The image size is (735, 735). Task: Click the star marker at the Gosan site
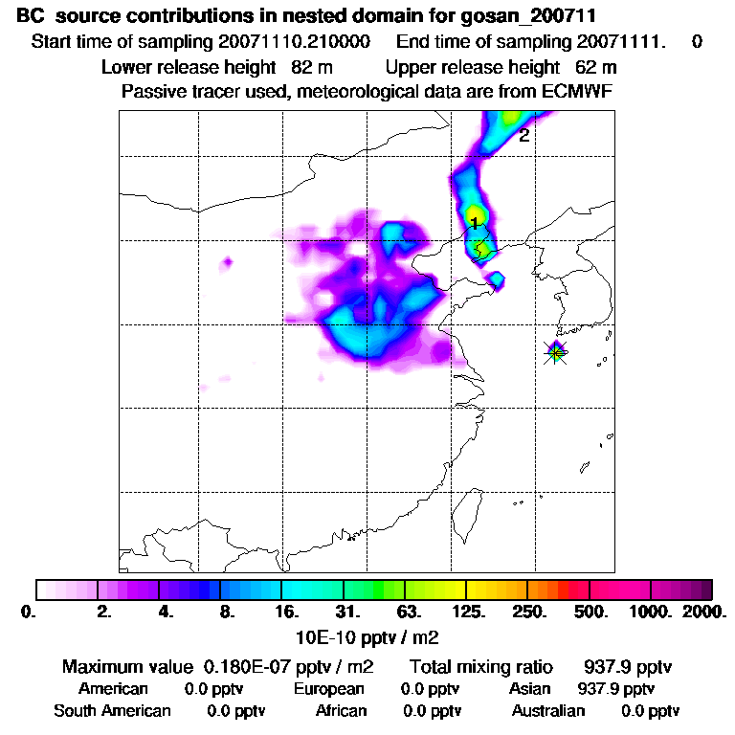pyautogui.click(x=556, y=352)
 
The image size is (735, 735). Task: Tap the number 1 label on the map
pyautogui.click(x=474, y=223)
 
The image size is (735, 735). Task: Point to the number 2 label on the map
pyautogui.click(x=523, y=136)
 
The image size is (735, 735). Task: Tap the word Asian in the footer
pyautogui.click(x=531, y=688)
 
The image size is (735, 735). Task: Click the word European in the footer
pyautogui.click(x=328, y=688)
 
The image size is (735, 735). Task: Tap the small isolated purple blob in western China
pyautogui.click(x=228, y=261)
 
